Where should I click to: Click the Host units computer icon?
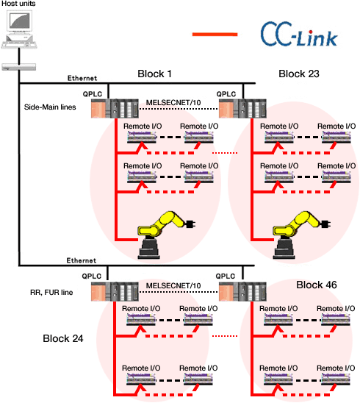(x=19, y=29)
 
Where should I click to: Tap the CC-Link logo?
(x=299, y=35)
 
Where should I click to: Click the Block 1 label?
(x=154, y=74)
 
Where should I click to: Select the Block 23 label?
(x=299, y=74)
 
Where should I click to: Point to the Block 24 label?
(x=63, y=338)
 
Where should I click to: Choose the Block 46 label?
(x=317, y=285)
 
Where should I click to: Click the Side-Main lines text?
(x=50, y=107)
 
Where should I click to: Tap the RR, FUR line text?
(x=51, y=293)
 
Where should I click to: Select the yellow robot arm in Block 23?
(x=301, y=235)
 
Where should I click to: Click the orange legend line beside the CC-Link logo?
(x=215, y=34)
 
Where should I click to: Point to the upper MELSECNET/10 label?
(x=173, y=102)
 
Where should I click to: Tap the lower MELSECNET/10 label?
(x=173, y=285)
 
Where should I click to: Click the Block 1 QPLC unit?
(x=115, y=108)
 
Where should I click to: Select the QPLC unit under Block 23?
(x=242, y=108)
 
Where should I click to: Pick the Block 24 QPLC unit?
(x=115, y=291)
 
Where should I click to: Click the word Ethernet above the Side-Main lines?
(x=82, y=78)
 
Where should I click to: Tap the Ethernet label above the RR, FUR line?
(x=82, y=260)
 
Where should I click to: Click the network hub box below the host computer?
(x=19, y=67)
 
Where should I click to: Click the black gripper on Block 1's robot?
(x=190, y=224)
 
